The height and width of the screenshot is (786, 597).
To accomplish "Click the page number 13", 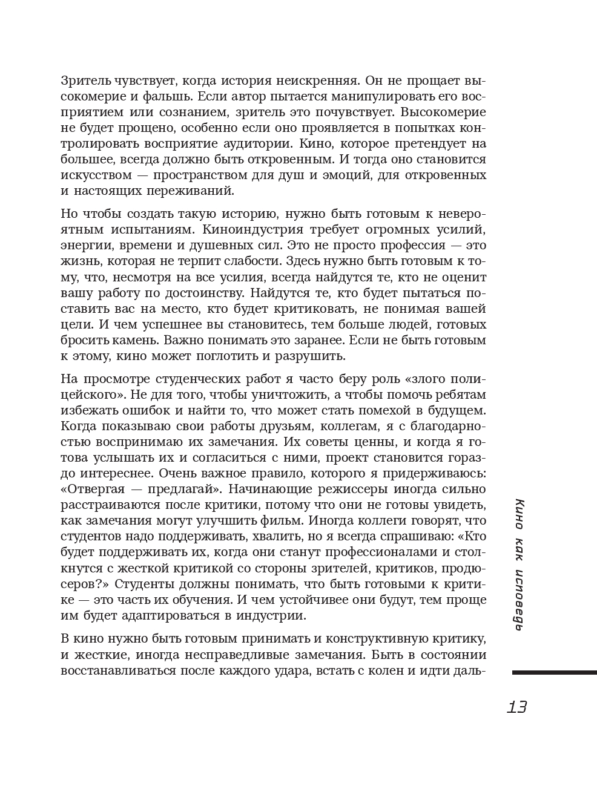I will (x=517, y=707).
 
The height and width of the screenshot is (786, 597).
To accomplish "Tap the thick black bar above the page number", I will (x=554, y=672).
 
